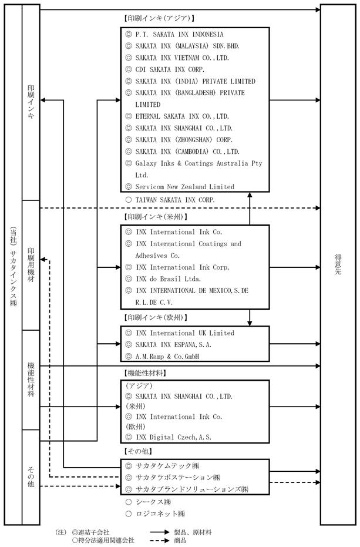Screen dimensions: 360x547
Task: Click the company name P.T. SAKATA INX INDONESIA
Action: [x=179, y=35]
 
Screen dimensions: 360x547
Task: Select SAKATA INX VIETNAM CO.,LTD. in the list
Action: [x=182, y=58]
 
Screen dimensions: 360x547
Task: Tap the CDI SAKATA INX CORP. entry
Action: [x=170, y=69]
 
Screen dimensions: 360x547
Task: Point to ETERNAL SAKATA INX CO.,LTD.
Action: [x=182, y=116]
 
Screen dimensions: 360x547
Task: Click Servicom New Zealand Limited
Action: [x=185, y=187]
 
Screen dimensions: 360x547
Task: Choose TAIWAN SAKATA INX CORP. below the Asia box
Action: [x=175, y=200]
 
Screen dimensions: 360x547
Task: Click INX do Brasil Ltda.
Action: [x=169, y=278]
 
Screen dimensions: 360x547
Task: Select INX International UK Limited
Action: [x=185, y=333]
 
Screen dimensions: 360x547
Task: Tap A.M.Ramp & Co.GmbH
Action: [x=167, y=357]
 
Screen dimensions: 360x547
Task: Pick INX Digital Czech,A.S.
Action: [x=173, y=437]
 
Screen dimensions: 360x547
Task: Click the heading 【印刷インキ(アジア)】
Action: [x=159, y=18]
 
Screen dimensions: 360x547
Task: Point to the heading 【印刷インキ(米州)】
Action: [x=156, y=217]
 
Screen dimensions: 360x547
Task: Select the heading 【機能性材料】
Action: [x=145, y=373]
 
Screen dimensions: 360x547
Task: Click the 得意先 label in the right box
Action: [x=338, y=264]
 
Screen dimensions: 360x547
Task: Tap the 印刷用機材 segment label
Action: [x=31, y=265]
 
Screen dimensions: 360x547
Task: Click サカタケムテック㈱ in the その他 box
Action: [x=167, y=466]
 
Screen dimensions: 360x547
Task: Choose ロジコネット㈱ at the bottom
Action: [x=160, y=514]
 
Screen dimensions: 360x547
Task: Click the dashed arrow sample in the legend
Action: [x=160, y=541]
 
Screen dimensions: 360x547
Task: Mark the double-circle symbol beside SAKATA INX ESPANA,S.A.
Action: [x=129, y=345]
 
